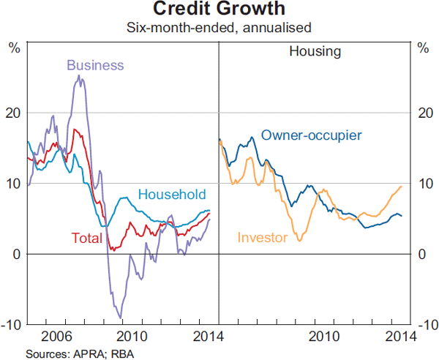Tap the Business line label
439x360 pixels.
click(95, 64)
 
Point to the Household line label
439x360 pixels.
click(172, 194)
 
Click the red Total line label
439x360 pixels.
click(86, 238)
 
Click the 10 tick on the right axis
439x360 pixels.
click(424, 184)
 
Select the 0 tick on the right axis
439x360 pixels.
click(421, 254)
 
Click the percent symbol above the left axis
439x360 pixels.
click(14, 49)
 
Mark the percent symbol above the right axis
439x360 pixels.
click(423, 49)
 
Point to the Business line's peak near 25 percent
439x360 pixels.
click(79, 76)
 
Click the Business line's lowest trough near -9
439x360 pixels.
click(119, 317)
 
